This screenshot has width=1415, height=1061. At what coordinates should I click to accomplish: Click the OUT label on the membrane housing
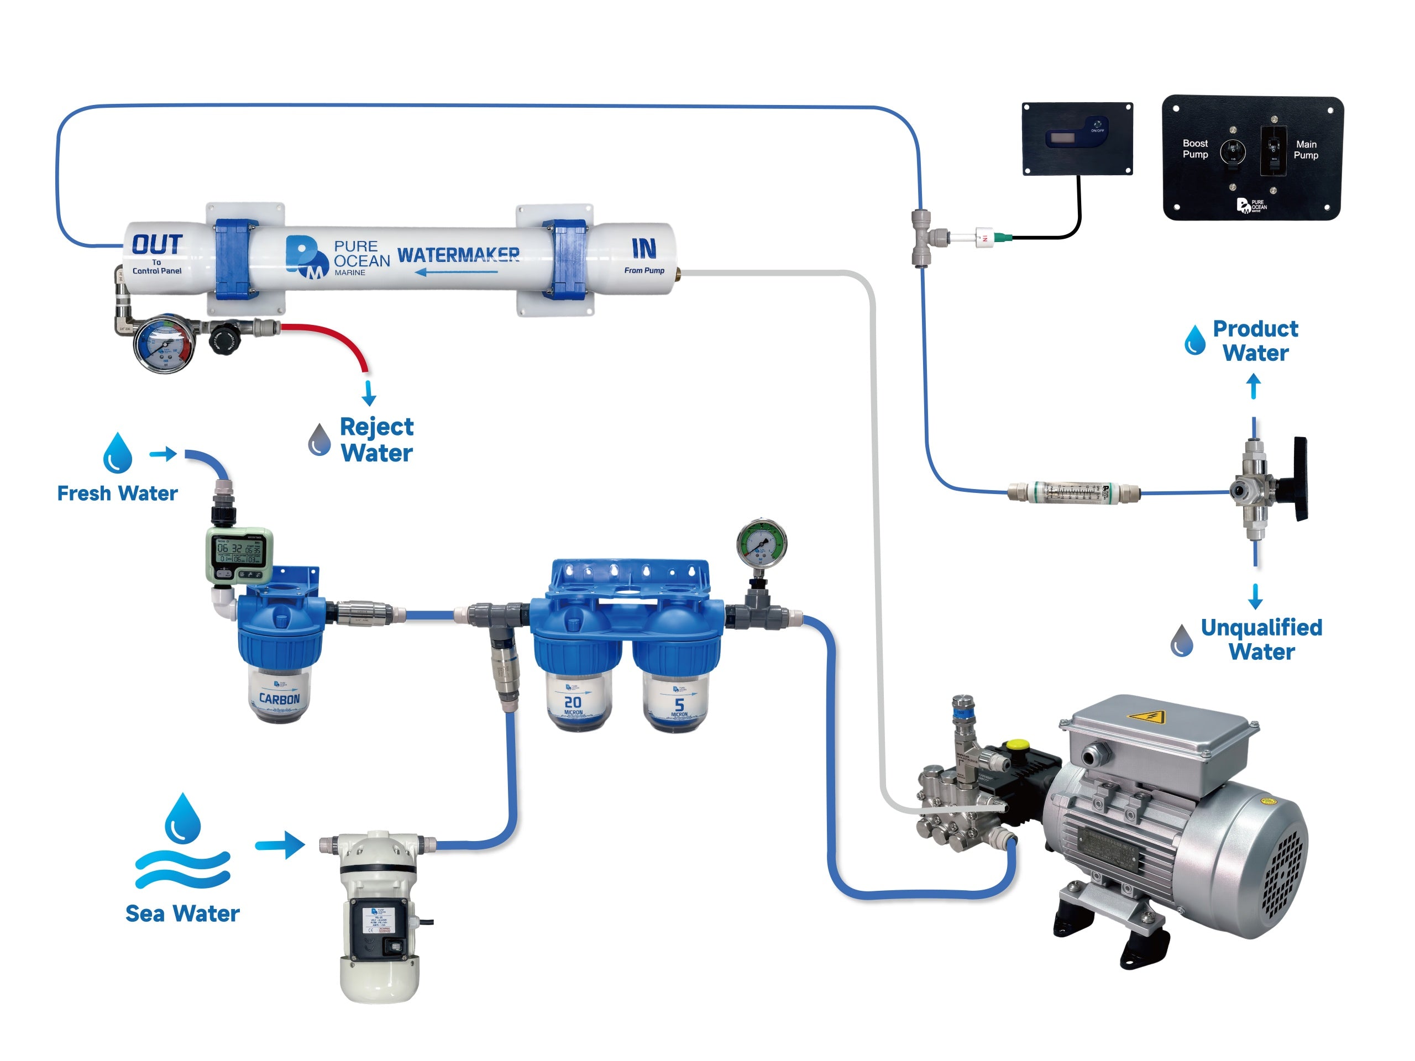157,244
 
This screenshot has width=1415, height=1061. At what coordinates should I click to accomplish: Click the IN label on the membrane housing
643,248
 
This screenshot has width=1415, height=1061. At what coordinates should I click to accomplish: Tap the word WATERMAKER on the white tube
458,255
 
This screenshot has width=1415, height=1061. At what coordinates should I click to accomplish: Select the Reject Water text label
376,439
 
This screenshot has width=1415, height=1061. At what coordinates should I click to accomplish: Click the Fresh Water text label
117,493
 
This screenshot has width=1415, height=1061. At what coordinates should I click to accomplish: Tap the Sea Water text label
182,913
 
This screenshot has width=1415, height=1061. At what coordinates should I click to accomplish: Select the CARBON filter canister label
279,698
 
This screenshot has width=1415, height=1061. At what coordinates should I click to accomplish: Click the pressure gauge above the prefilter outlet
761,544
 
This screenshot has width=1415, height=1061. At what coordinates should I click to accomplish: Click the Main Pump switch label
1306,150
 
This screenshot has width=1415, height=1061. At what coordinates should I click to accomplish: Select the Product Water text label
1255,341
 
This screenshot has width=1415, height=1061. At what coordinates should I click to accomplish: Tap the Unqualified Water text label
1261,639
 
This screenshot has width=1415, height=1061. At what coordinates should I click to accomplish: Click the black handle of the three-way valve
1300,479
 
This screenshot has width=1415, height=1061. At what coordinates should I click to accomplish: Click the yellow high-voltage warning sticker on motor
1146,717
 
